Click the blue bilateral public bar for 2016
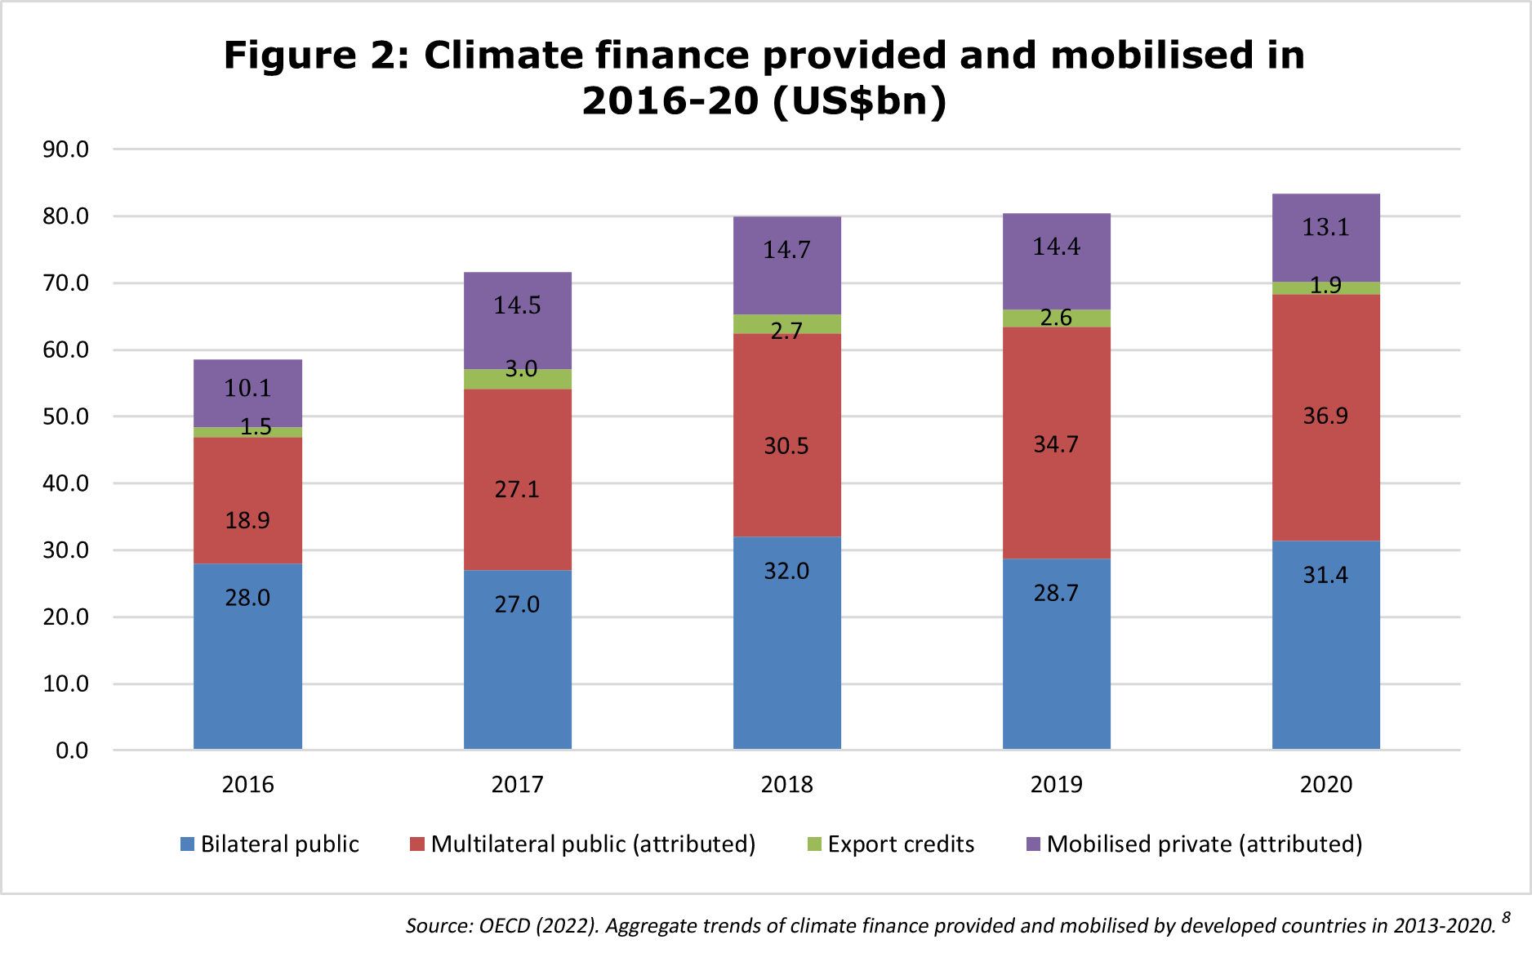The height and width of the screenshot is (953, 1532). (247, 657)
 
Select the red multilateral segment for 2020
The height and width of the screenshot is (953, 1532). (1326, 417)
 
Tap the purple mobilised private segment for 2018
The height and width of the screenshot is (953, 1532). (787, 265)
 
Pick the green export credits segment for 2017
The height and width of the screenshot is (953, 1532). (518, 379)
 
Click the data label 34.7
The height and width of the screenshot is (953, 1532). (1056, 444)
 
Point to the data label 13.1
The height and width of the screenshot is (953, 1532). (1325, 227)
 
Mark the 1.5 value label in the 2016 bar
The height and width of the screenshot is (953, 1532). (256, 426)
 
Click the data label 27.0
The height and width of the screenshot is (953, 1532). (517, 604)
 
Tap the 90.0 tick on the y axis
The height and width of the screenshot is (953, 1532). (66, 149)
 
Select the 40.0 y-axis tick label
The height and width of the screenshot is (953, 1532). (66, 483)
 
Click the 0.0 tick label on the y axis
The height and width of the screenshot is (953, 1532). (72, 750)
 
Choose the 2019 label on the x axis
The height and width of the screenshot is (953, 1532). (1057, 785)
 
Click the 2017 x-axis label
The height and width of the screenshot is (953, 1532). (518, 785)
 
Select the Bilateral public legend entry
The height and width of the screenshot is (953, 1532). (269, 844)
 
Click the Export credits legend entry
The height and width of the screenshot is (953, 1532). (891, 844)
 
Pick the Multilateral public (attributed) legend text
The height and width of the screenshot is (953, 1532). (594, 844)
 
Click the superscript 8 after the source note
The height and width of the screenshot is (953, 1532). (1506, 917)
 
